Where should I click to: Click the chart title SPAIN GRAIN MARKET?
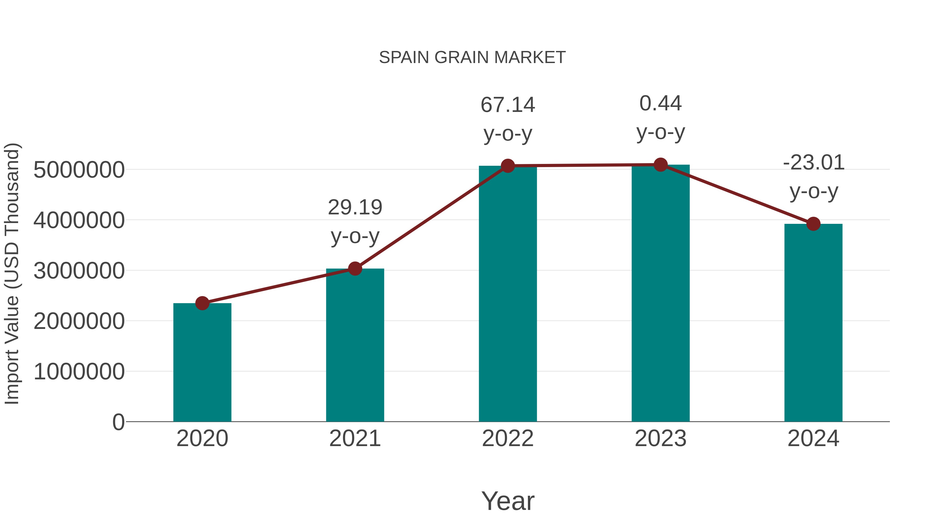(x=472, y=58)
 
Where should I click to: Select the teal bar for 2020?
(x=202, y=364)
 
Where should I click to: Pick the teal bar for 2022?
(x=507, y=294)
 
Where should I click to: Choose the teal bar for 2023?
(x=660, y=294)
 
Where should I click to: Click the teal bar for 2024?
(x=813, y=323)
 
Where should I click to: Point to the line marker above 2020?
(x=202, y=303)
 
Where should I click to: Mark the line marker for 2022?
(x=508, y=166)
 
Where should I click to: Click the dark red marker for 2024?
(x=813, y=224)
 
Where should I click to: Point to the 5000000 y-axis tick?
(x=79, y=170)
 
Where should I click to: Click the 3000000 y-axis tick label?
(x=79, y=271)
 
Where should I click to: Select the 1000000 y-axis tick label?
(x=79, y=371)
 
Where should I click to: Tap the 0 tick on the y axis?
(x=118, y=422)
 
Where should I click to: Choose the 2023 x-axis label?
(x=660, y=438)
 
